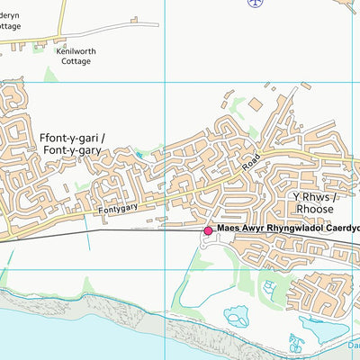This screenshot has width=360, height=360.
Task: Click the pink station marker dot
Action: pyautogui.click(x=208, y=230)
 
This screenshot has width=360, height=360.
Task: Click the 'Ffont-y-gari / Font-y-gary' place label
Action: pyautogui.click(x=73, y=145)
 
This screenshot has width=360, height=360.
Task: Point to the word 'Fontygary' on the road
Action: pyautogui.click(x=116, y=208)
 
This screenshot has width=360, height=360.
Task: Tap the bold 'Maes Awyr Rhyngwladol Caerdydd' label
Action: pyautogui.click(x=287, y=229)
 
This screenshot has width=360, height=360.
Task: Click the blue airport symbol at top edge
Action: pyautogui.click(x=256, y=3)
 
